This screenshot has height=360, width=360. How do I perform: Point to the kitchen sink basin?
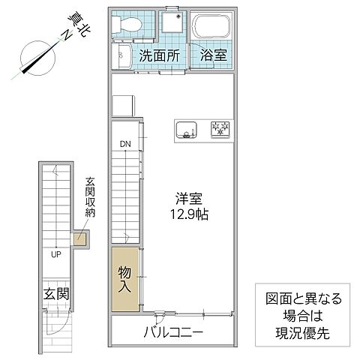[185, 129]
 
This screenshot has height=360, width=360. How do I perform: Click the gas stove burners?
[221, 129]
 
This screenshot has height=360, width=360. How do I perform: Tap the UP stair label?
[55, 254]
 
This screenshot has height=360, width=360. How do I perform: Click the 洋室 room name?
[189, 200]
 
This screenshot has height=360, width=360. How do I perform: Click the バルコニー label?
[175, 331]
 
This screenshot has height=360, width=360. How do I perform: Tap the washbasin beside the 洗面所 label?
[122, 55]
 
